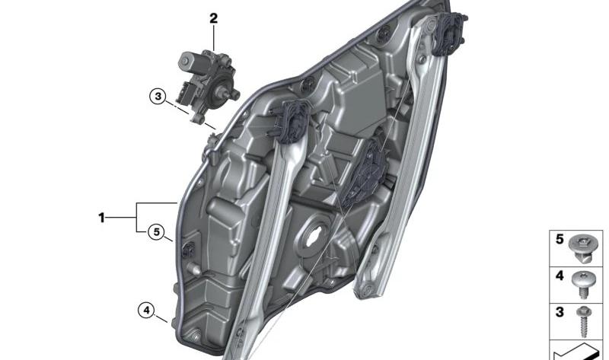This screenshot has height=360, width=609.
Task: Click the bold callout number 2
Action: click(x=214, y=18)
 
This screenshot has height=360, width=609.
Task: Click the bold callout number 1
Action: click(x=101, y=218)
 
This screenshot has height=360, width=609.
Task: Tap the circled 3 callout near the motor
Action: click(x=158, y=97)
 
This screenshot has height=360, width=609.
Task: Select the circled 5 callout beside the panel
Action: click(x=156, y=232)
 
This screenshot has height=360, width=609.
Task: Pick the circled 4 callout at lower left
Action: click(x=146, y=311)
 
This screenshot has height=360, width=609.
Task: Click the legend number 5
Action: click(x=560, y=239)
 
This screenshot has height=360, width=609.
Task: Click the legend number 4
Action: click(x=560, y=276)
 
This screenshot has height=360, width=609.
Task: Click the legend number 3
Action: click(x=560, y=312)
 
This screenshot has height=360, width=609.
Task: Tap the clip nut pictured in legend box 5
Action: click(x=582, y=249)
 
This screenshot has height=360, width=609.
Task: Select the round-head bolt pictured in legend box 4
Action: click(x=582, y=284)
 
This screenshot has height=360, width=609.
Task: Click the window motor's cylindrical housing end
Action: click(x=186, y=61)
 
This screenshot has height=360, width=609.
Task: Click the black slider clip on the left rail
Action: click(x=291, y=120)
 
